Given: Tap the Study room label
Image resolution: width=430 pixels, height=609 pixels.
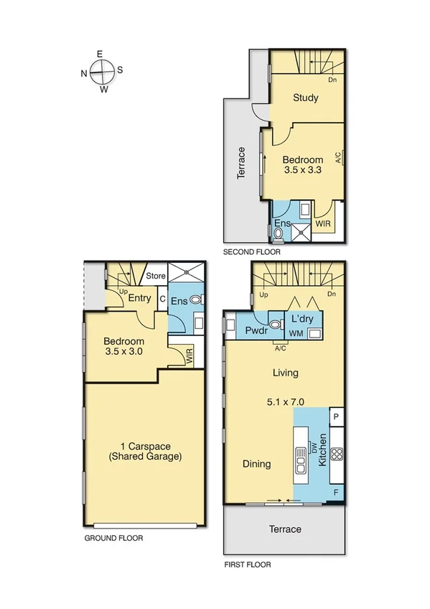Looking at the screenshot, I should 305,98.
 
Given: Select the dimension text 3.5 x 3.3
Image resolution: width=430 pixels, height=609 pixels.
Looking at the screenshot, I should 302,171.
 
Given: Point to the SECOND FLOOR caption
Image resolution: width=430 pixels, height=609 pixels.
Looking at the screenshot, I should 251,253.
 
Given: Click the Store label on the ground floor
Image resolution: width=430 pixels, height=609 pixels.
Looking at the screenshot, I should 156,276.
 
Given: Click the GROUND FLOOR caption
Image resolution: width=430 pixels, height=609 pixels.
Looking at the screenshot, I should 113,538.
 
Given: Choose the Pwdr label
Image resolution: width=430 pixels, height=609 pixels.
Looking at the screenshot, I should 256,331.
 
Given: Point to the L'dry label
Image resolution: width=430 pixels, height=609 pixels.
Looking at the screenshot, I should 302,320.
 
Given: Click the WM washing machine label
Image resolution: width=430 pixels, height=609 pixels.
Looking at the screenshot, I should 296,334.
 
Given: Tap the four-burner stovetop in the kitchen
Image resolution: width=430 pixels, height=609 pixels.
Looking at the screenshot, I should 337,454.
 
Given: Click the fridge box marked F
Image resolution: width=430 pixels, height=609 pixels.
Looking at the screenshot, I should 337,493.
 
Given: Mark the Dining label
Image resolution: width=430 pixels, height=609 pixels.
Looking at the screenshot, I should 256,464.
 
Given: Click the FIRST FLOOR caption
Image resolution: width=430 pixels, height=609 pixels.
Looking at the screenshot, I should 248,565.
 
